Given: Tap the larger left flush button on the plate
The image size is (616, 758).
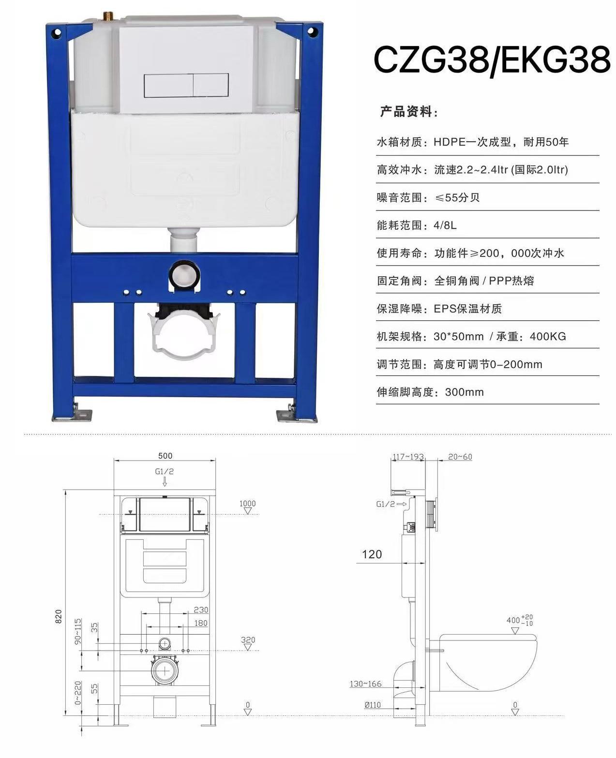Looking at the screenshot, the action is [169, 86].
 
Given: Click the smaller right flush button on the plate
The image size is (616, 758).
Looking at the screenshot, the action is [210, 86].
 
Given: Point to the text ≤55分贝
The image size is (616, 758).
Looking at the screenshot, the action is [457, 197].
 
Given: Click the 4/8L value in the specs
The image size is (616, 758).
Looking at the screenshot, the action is [445, 225].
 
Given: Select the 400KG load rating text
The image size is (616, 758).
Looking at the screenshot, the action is [548, 336].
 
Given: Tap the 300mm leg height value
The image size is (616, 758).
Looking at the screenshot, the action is [465, 392].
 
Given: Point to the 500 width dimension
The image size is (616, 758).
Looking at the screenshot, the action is [165, 456].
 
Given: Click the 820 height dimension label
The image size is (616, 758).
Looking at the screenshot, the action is [59, 616].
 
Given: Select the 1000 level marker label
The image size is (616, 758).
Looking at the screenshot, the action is [247, 503].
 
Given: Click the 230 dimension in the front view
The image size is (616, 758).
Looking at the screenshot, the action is [201, 609].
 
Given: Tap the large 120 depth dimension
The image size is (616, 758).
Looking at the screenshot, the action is [372, 554].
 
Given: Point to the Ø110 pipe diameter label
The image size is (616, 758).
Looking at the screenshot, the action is [373, 705].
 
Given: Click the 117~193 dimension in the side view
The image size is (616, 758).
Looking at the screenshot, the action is [408, 456].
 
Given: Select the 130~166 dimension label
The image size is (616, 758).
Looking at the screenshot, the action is [365, 684].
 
